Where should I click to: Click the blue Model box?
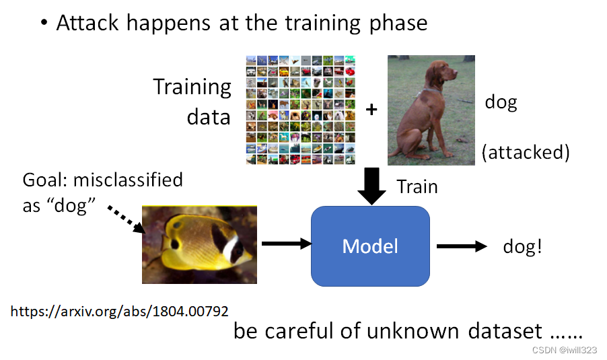coord(370,246)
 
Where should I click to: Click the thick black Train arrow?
coord(371,185)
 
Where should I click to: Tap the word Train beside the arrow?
coord(417,186)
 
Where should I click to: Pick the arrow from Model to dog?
coord(461,246)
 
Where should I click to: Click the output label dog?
coord(522,246)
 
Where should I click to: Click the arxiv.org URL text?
coord(119,312)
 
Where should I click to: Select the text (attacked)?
coord(526,152)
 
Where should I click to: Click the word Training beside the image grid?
coord(192,87)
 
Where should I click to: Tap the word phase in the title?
coord(398,24)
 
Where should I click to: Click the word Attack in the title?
coord(86,23)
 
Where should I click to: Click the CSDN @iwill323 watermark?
coord(565,350)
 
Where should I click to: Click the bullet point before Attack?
coord(44,24)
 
